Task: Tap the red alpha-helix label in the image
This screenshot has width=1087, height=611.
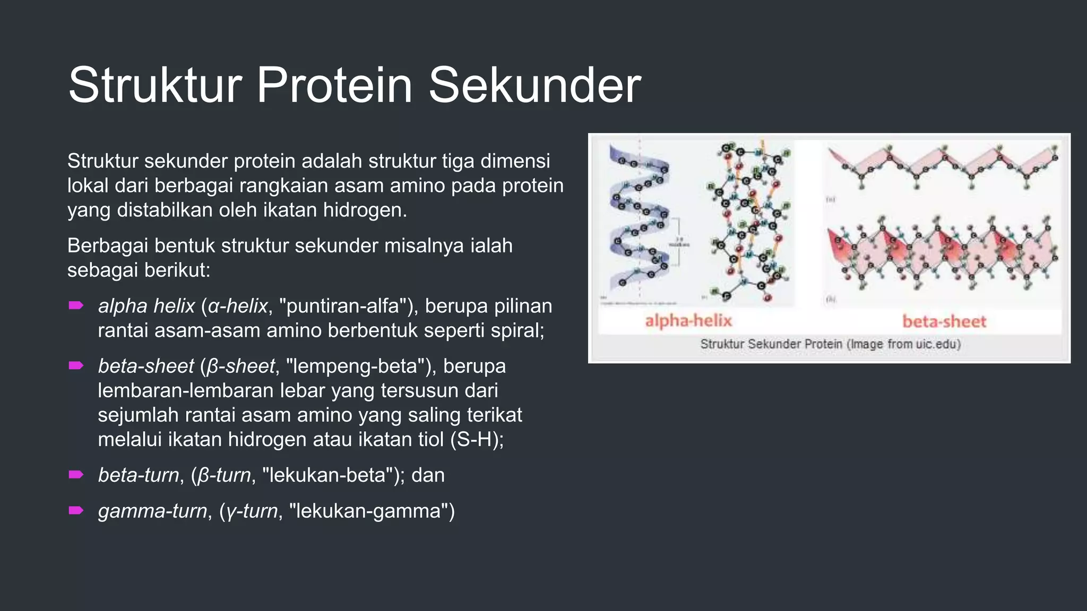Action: [688, 321]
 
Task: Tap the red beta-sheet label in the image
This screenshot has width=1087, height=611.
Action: [944, 321]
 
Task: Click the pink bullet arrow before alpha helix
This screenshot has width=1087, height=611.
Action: [76, 305]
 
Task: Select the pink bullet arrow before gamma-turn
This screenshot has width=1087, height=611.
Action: [76, 511]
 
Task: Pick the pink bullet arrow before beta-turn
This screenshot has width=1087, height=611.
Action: [76, 475]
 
